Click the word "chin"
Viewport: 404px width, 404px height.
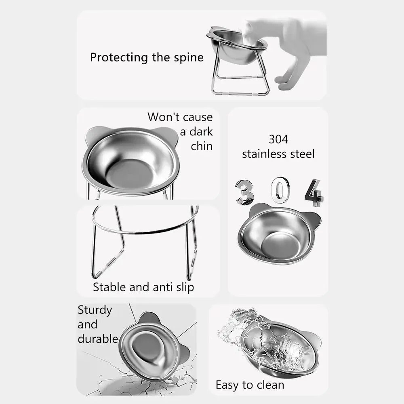(202, 146)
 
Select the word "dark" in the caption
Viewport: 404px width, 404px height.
(201, 132)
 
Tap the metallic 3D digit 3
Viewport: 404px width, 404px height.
(244, 192)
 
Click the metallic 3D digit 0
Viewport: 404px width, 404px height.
(280, 191)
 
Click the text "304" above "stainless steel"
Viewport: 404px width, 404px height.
(278, 139)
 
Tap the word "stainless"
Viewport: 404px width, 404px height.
(265, 154)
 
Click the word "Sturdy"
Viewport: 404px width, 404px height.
(95, 310)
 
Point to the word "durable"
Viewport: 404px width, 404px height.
(98, 339)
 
